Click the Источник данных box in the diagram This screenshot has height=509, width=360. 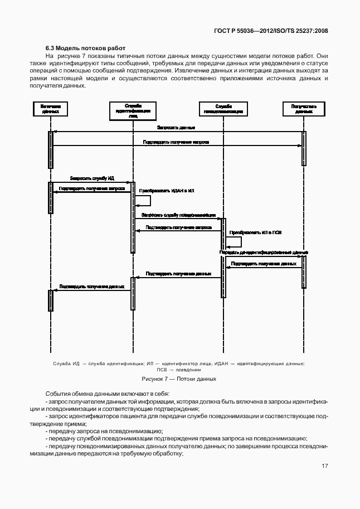pyautogui.click(x=51, y=109)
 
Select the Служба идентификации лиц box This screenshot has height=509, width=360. pyautogui.click(x=133, y=110)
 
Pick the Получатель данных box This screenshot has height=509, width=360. pyautogui.click(x=304, y=109)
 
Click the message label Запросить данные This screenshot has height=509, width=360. pyautogui.click(x=176, y=128)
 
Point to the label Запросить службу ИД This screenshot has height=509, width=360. pyautogui.click(x=92, y=178)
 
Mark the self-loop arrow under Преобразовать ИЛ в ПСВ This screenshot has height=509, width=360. pyautogui.click(x=234, y=241)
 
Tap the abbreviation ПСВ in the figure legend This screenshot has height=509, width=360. pyautogui.click(x=162, y=370)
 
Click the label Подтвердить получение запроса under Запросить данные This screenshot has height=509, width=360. pyautogui.click(x=176, y=143)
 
